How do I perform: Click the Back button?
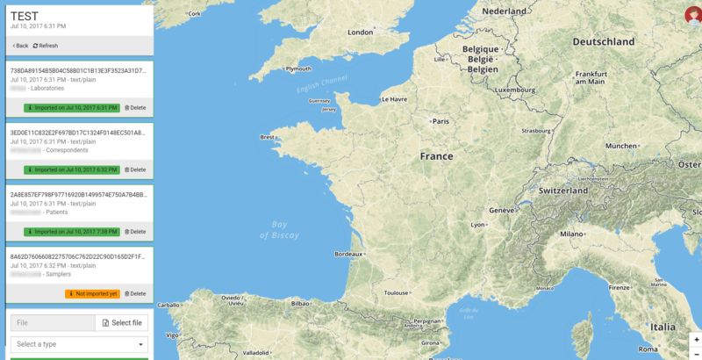(20, 46)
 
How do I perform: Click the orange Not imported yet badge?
(91, 293)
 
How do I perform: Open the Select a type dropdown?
(79, 344)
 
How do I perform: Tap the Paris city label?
(441, 121)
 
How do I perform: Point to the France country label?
(436, 156)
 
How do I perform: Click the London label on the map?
(361, 32)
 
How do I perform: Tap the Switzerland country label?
(562, 191)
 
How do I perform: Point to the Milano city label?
(572, 234)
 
